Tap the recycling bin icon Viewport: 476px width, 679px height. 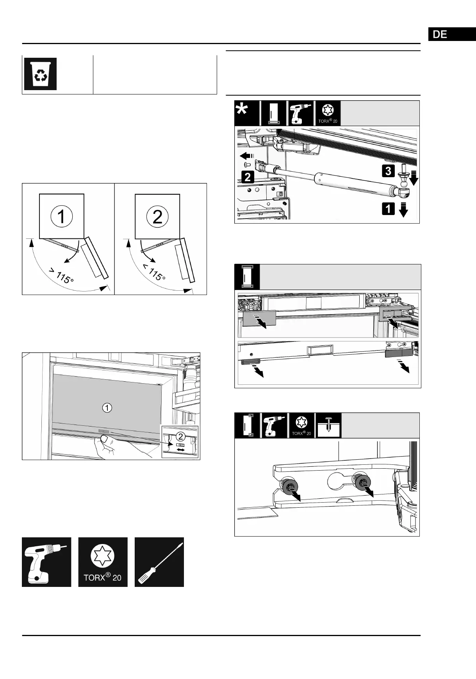(x=41, y=74)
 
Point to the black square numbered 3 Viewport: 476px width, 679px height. (x=389, y=171)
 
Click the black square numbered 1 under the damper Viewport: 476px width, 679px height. (x=388, y=209)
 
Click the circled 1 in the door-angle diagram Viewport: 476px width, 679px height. (x=61, y=216)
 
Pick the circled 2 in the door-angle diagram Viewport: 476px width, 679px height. (x=157, y=216)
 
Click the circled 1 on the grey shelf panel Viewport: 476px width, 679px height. (x=107, y=407)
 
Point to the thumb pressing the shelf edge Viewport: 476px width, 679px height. (x=106, y=440)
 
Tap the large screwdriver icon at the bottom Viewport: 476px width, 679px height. (x=159, y=562)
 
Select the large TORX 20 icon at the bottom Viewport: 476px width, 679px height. (x=103, y=562)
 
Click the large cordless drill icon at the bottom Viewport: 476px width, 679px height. (x=46, y=562)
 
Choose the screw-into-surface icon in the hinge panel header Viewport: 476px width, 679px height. (x=328, y=425)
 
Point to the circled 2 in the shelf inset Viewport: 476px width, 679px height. (x=180, y=436)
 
